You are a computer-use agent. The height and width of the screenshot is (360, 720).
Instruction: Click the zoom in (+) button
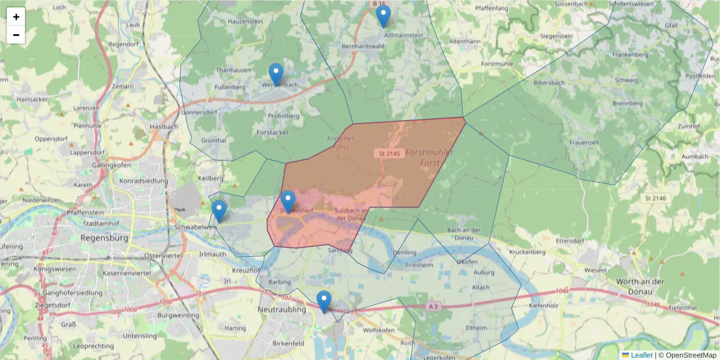pos(16,17)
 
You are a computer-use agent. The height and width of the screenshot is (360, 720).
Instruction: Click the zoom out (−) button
pos(16,35)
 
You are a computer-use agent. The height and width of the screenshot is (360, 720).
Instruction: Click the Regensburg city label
pos(104,238)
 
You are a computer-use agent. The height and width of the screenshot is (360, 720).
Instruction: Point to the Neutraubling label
pos(281,310)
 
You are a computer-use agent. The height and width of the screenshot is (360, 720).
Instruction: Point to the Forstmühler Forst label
pos(430,158)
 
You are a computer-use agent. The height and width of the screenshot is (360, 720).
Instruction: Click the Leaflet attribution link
pos(641,355)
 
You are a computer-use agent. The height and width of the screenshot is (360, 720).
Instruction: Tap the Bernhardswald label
pos(362,46)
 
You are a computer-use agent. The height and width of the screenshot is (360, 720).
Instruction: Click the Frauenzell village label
pos(585,143)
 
